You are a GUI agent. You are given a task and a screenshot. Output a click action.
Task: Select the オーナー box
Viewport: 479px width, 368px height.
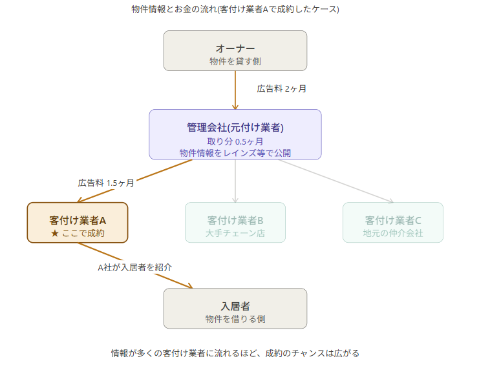(235, 50)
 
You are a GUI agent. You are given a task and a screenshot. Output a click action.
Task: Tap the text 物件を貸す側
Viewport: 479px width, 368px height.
(235, 61)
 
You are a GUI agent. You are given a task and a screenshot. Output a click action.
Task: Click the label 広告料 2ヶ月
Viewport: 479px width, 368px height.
(281, 88)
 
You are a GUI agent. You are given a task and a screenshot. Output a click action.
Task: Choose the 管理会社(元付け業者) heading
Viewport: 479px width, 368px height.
(235, 127)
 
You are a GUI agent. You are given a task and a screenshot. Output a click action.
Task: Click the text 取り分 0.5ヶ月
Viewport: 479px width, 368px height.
(235, 141)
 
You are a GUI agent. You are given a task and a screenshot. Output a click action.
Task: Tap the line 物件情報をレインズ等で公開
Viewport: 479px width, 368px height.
(235, 153)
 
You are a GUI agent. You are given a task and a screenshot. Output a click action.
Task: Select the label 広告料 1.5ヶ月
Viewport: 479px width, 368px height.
(106, 183)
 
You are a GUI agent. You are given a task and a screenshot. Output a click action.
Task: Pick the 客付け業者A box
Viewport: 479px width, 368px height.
(78, 223)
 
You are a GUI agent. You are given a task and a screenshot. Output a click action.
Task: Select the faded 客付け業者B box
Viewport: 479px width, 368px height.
(235, 222)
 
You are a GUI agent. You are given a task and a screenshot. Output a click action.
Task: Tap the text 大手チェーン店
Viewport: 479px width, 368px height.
(235, 233)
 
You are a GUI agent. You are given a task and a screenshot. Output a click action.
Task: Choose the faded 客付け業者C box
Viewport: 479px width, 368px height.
(392, 222)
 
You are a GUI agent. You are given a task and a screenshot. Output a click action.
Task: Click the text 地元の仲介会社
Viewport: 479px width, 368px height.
(392, 233)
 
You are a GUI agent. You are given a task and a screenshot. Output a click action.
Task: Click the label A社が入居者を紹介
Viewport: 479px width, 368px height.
(134, 267)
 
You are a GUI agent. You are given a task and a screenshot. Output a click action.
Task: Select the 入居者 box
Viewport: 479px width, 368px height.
(235, 308)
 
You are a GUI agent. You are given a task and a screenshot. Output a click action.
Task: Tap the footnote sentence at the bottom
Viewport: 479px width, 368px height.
(235, 353)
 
